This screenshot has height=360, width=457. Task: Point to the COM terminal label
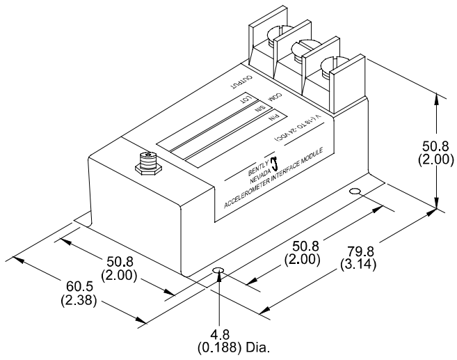(x=275, y=96)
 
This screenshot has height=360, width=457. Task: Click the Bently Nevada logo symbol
(x=273, y=163)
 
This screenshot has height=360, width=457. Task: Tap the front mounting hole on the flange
(x=218, y=271)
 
